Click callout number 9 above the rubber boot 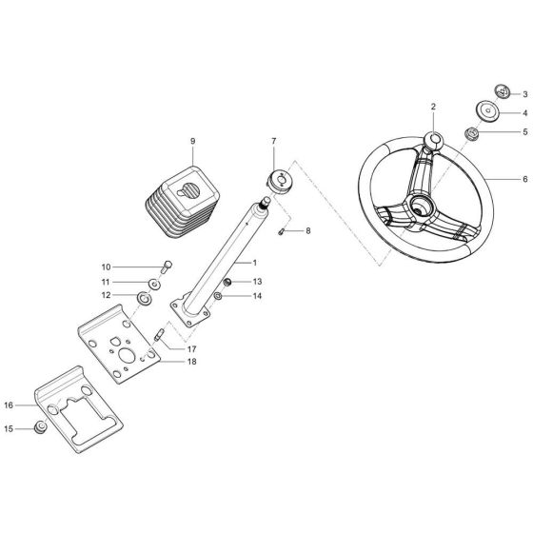tap(192, 142)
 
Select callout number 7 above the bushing tap(274, 142)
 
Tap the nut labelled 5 tap(471, 133)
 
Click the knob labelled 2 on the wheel tap(433, 142)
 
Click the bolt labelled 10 tap(166, 267)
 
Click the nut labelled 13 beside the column tap(229, 282)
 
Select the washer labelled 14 tap(218, 298)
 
